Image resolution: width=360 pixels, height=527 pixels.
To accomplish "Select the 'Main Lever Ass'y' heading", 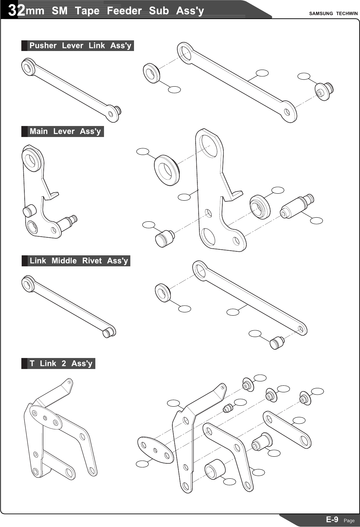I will click(x=65, y=131).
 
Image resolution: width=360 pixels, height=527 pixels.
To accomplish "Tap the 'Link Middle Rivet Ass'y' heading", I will click(x=79, y=261).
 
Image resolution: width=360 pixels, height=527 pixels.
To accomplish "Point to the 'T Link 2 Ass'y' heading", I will click(x=61, y=363).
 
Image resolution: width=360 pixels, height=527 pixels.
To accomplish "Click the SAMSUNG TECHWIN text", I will click(x=333, y=14).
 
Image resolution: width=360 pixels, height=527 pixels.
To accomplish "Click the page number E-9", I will click(x=332, y=519).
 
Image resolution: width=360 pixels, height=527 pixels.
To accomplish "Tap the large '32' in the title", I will click(x=17, y=11).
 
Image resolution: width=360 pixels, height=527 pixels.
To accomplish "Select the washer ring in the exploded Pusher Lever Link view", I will click(x=152, y=73).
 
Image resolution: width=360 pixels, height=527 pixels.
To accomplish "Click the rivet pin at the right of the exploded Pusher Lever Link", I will click(x=324, y=92).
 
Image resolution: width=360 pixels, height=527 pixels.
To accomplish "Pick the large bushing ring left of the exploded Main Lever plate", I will click(x=167, y=170).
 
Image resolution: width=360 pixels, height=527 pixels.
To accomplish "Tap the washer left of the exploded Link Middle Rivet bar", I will click(x=163, y=293).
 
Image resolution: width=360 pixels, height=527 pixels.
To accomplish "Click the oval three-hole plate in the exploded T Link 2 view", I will click(x=155, y=450).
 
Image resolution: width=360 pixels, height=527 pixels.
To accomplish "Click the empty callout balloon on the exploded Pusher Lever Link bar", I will click(x=262, y=73).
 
